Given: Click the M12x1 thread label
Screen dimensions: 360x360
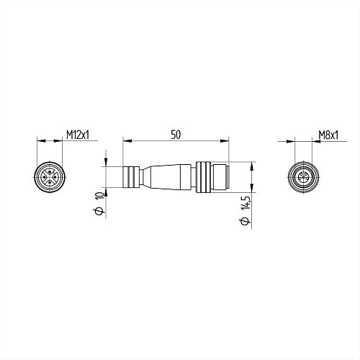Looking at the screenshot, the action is (78, 135).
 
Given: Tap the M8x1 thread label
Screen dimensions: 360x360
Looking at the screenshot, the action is (328, 135).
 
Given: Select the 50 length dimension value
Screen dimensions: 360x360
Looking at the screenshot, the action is (176, 135).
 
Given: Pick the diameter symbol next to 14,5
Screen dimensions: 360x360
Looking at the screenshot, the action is (245, 222).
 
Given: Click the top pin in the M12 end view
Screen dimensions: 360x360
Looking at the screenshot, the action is (50, 171).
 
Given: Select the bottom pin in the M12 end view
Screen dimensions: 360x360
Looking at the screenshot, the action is (50, 183).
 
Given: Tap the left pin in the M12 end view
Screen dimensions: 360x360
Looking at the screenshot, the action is (44, 177).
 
